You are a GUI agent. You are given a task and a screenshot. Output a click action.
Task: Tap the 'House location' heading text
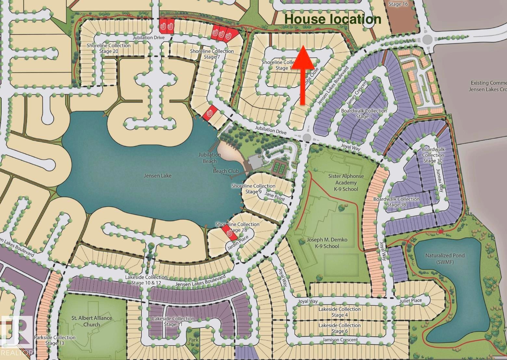click(x=332, y=19)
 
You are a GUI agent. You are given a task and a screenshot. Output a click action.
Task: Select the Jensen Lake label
click(x=158, y=176)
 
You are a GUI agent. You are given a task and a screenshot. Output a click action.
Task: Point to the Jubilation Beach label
click(x=210, y=158)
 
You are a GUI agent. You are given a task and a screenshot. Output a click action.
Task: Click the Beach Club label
click(x=226, y=171)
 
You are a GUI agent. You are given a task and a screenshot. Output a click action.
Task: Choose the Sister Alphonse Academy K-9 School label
click(x=346, y=183)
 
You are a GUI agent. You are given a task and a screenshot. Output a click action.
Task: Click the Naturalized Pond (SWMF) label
click(x=445, y=259)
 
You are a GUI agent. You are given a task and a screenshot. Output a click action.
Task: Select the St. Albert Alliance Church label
click(x=92, y=321)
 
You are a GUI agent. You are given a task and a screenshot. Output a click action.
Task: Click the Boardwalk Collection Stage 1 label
click(x=364, y=113)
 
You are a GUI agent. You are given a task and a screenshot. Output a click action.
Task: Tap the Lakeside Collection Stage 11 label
click(x=173, y=321)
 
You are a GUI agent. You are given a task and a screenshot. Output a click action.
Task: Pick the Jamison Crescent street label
click(x=340, y=340)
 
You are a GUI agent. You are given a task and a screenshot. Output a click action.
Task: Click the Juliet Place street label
click(x=411, y=300)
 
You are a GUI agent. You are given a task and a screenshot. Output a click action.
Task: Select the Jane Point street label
click(x=275, y=197)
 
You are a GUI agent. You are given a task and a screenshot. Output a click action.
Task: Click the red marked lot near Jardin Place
click(x=228, y=233)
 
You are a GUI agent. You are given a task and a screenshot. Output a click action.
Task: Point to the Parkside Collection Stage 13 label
click(x=55, y=340)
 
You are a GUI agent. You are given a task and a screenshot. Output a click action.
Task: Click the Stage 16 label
click(x=398, y=4)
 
